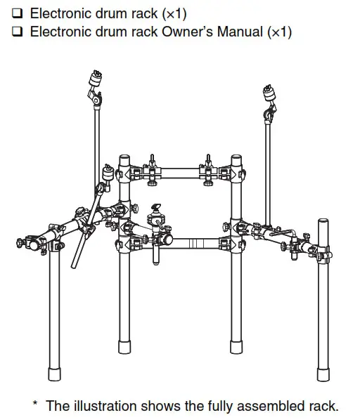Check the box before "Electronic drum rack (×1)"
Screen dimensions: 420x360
(17, 14)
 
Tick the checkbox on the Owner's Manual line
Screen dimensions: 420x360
(17, 32)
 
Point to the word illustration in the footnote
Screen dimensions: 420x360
(103, 405)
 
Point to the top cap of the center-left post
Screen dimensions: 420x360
(124, 157)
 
